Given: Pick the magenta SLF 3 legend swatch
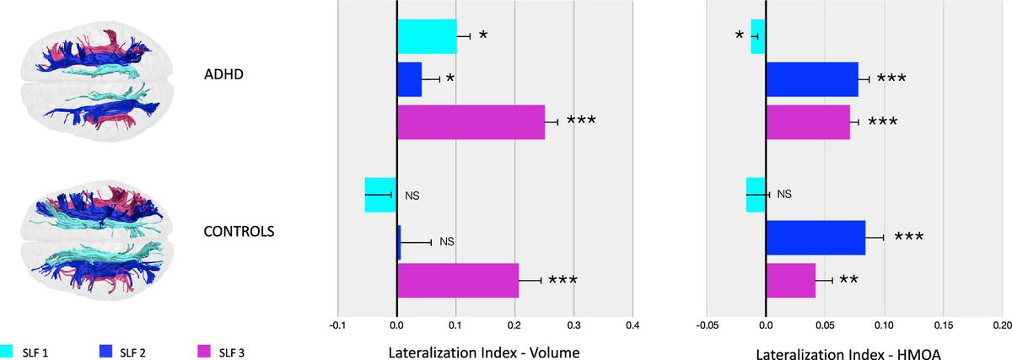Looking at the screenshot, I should click(x=204, y=350).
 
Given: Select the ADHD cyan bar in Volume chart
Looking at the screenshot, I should click(x=427, y=36).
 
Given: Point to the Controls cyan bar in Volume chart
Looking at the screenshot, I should click(x=380, y=195).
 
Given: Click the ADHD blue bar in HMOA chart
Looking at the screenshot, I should click(x=812, y=79).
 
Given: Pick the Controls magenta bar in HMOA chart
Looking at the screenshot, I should click(x=791, y=280).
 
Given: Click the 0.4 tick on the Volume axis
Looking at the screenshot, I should click(x=632, y=324).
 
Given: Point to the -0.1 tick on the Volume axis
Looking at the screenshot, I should click(x=337, y=324).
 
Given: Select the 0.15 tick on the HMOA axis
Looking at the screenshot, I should click(x=943, y=324).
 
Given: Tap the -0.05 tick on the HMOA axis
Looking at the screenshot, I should click(x=707, y=324).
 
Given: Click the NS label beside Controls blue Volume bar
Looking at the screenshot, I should click(x=447, y=242).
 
